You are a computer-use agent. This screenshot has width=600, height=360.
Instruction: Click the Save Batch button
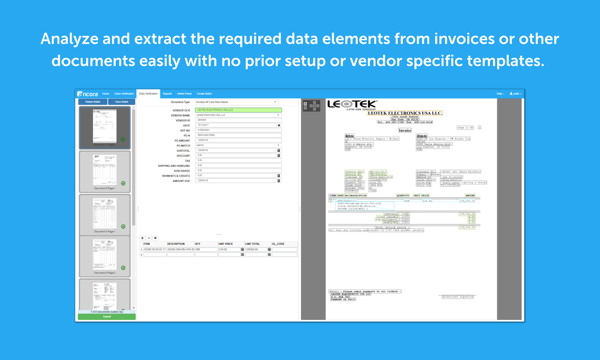122,102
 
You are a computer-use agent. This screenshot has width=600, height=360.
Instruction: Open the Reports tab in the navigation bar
167,94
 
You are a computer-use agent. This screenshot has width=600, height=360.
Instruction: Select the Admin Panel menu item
184,94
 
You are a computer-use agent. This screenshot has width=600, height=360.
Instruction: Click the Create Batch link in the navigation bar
204,94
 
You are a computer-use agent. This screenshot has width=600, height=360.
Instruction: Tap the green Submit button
107,317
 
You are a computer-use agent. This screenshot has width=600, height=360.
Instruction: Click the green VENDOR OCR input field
238,110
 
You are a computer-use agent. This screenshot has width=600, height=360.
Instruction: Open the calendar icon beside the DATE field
279,125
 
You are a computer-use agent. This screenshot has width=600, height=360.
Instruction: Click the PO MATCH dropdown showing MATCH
238,145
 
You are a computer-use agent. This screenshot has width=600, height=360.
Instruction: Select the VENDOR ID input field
238,120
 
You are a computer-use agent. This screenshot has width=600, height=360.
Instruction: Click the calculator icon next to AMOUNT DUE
279,181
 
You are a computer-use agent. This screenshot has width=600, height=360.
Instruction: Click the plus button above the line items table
142,238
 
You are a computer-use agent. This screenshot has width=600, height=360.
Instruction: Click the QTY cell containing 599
206,250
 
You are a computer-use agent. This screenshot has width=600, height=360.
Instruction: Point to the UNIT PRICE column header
226,244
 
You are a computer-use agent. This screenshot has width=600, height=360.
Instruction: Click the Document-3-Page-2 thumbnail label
105,273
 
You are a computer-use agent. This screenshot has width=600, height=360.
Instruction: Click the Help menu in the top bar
500,94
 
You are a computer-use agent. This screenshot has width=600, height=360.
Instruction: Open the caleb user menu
516,94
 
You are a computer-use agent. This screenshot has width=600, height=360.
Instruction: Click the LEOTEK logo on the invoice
352,104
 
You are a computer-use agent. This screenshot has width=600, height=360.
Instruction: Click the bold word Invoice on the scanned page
405,130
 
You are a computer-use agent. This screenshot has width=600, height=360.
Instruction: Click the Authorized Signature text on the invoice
458,297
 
